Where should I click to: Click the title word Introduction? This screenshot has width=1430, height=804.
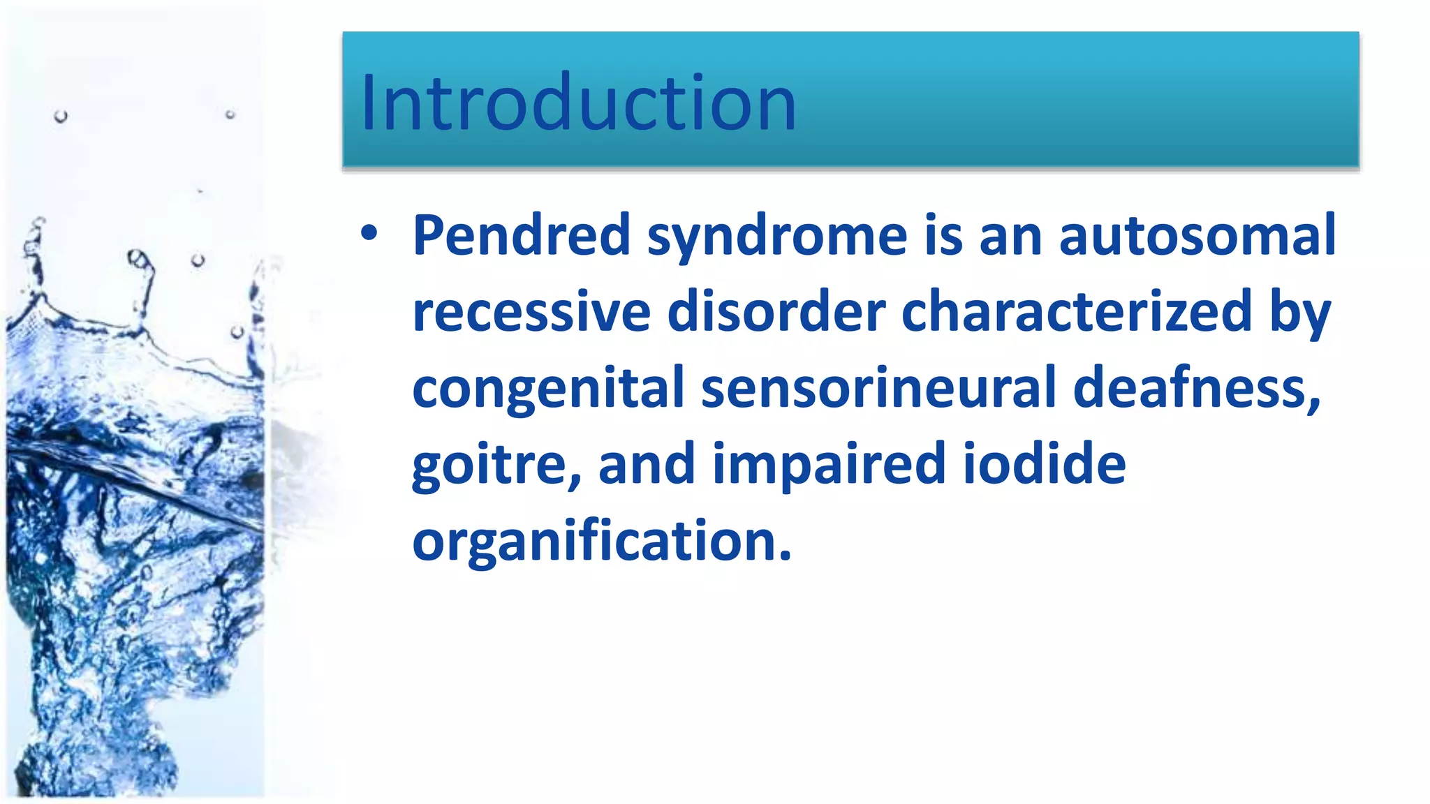pyautogui.click(x=578, y=103)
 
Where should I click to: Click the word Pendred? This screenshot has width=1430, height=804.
pyautogui.click(x=522, y=236)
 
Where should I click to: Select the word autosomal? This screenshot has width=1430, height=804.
pyautogui.click(x=1197, y=236)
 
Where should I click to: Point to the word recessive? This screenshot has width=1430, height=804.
pyautogui.click(x=531, y=313)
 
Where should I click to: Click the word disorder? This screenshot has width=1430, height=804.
pyautogui.click(x=776, y=312)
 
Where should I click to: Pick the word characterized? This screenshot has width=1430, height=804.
pyautogui.click(x=1076, y=312)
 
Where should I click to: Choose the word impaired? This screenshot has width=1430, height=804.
pyautogui.click(x=829, y=466)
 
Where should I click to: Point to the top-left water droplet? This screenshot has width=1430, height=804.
pyautogui.click(x=61, y=116)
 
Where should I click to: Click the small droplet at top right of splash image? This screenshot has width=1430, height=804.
pyautogui.click(x=230, y=114)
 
